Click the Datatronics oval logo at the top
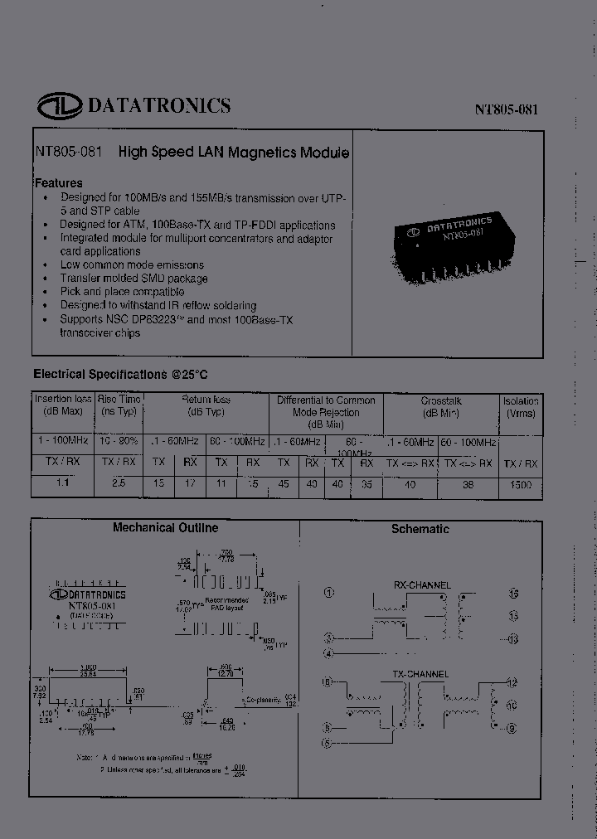[58, 106]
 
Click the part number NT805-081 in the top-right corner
[507, 109]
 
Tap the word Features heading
[58, 182]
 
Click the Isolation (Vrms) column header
[521, 406]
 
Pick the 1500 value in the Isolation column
[521, 485]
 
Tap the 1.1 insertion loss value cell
[63, 483]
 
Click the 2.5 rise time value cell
[119, 483]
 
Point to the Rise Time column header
[119, 406]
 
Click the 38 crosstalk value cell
[468, 485]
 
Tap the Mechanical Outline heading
[165, 527]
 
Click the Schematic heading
[420, 529]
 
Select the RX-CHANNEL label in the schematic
[423, 584]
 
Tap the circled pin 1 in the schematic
[329, 593]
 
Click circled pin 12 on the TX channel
[512, 682]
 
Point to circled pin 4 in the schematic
[329, 653]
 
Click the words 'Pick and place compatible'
[122, 292]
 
